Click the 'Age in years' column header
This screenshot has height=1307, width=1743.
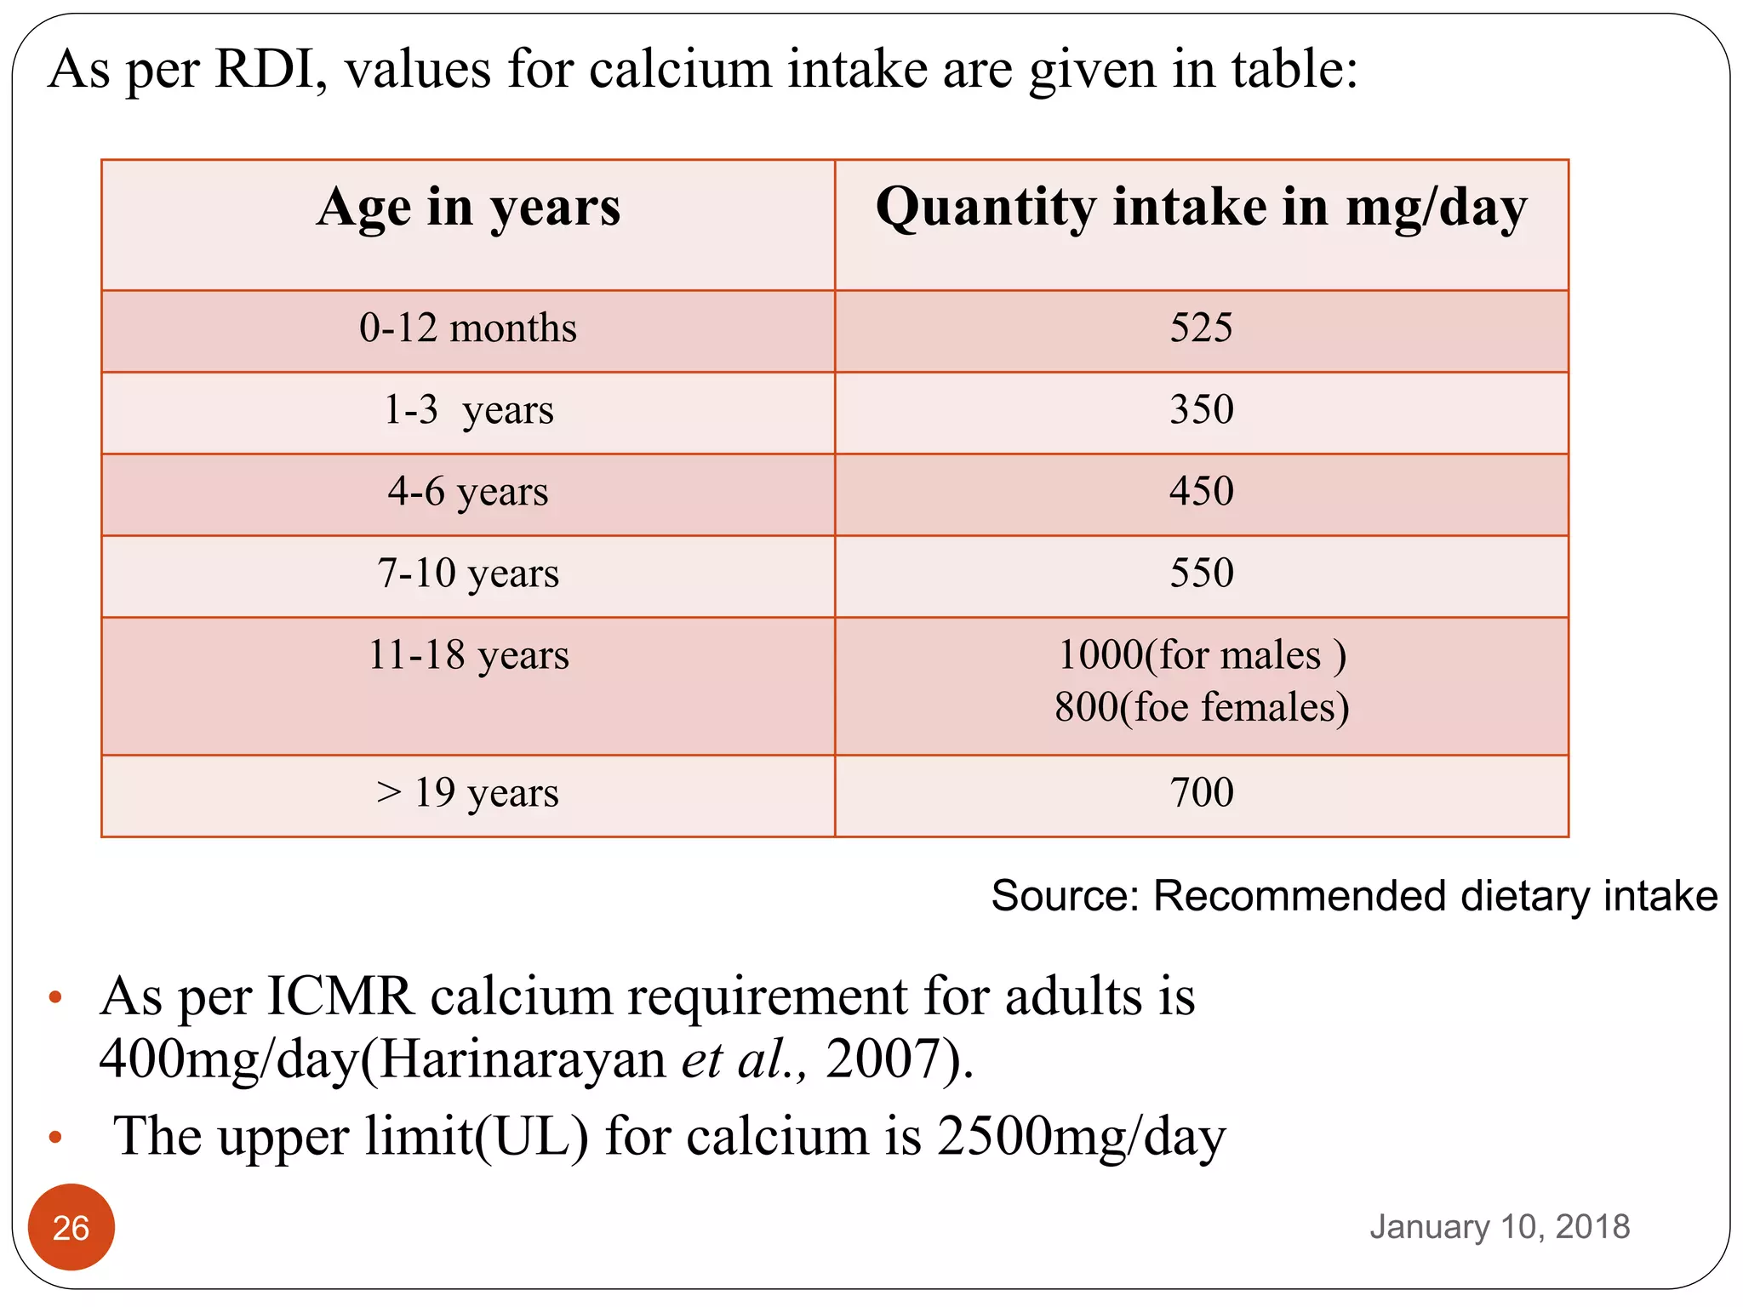468,208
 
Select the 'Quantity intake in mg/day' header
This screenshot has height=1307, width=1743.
1201,208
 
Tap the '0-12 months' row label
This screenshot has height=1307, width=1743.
468,328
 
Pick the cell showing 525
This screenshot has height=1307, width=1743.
1201,328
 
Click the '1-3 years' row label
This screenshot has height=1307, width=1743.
468,410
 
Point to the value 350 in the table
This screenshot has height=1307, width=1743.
1201,410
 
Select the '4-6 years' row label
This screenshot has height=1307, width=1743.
468,492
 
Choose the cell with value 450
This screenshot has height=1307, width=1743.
1201,492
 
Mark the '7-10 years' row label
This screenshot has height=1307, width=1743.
468,574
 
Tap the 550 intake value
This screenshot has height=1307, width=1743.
1201,574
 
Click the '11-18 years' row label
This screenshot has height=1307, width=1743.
468,656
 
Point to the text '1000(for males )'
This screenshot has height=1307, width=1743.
1201,656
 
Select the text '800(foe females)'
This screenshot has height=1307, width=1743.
1201,708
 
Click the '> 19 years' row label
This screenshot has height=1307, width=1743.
468,793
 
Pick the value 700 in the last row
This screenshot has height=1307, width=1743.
1201,793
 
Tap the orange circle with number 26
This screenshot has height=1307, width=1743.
71,1227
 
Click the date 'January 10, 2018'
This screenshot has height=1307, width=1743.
1500,1227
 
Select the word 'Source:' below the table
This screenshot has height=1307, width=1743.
1066,897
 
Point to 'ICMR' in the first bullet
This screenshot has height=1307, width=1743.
340,996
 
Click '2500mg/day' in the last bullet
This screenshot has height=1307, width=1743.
1081,1137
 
